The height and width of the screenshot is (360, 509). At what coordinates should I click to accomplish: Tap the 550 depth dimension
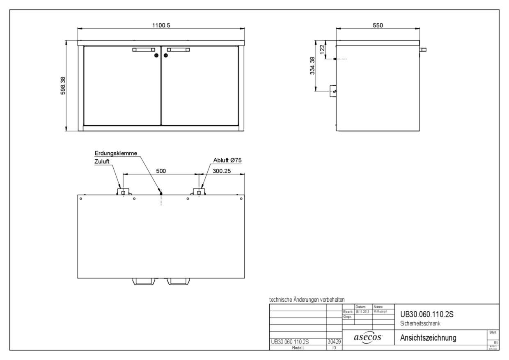pos(377,25)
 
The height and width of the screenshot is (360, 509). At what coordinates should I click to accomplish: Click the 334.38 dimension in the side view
pos(312,66)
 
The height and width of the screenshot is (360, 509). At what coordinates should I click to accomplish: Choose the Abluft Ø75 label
pos(225,160)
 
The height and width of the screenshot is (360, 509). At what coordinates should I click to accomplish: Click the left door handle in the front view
pos(144,50)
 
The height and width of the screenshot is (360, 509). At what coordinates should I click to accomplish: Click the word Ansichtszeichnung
pos(429,337)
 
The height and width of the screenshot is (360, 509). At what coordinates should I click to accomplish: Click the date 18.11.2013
pos(362,312)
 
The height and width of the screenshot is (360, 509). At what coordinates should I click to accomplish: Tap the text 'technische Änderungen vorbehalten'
pos(307,300)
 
